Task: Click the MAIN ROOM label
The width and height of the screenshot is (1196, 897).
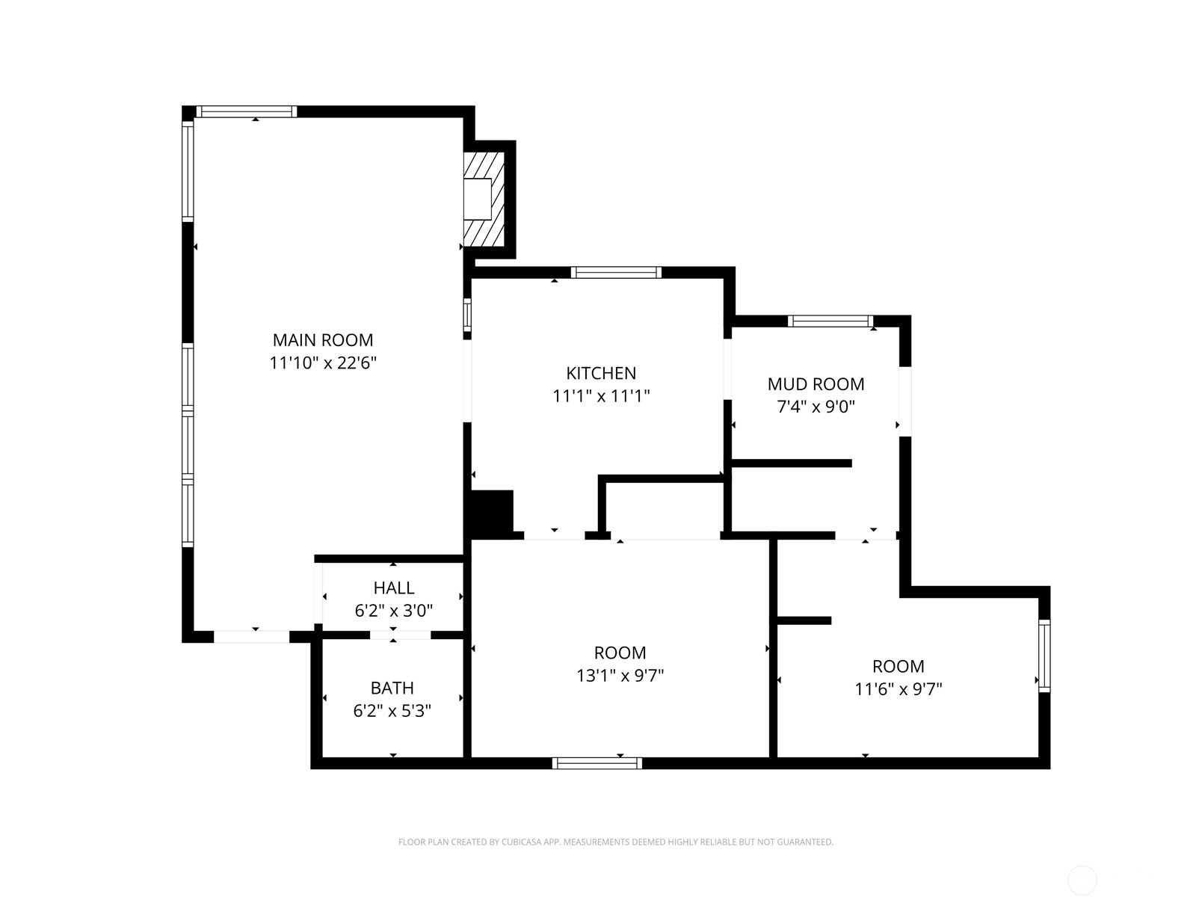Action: (x=323, y=340)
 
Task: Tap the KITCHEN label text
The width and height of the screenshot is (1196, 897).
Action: (x=601, y=373)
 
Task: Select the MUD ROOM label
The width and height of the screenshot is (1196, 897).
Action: (x=816, y=384)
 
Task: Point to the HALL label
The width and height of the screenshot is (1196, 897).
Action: (x=393, y=588)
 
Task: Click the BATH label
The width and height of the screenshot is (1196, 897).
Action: (x=392, y=688)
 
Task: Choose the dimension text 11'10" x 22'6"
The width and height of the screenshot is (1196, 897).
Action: (x=323, y=363)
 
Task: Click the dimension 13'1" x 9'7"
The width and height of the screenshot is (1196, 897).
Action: (x=620, y=675)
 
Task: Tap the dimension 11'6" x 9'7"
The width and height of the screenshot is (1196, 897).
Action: (x=898, y=689)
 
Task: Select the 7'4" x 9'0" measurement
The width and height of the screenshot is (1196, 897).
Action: (x=816, y=407)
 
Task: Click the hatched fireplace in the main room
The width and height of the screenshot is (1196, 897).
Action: (x=484, y=200)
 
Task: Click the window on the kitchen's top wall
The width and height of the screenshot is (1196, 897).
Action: (x=616, y=272)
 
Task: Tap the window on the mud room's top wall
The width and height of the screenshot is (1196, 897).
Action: (x=830, y=321)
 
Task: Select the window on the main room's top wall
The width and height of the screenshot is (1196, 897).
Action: (x=247, y=111)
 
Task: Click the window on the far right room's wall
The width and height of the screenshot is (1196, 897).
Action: (x=1044, y=656)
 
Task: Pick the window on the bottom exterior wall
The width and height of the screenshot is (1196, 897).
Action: (x=597, y=763)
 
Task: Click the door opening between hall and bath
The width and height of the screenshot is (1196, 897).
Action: (x=400, y=635)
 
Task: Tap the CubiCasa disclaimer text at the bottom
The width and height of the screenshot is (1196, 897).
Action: (x=616, y=842)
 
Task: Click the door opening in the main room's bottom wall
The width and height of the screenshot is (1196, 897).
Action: (x=251, y=637)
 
